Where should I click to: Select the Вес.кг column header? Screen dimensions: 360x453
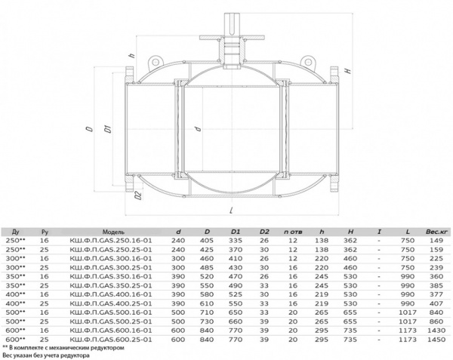coord(436,232)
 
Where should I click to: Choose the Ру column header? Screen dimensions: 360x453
coord(45,232)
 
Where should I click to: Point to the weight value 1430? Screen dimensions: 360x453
coord(436,331)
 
